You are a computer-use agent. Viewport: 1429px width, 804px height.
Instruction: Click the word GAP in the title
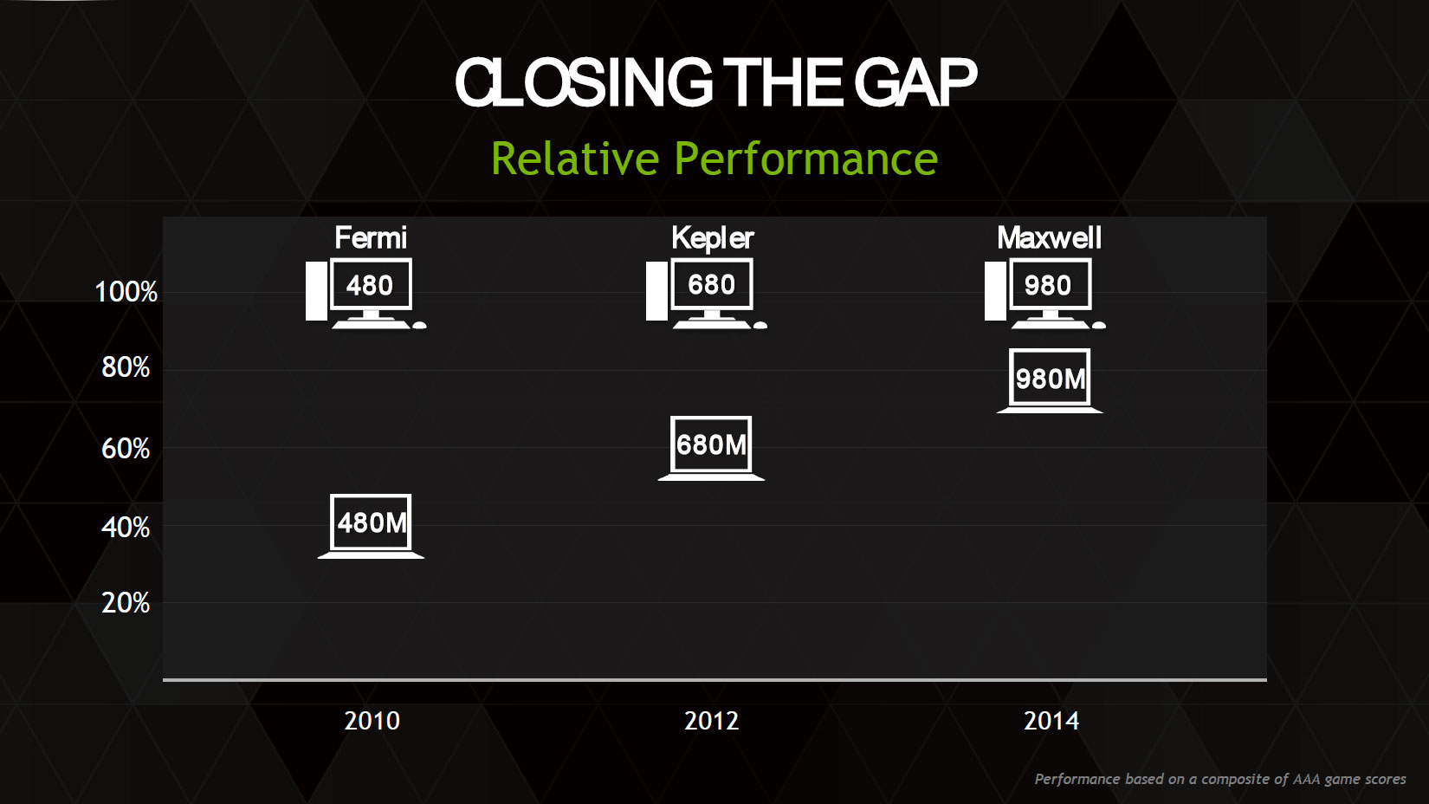(x=915, y=83)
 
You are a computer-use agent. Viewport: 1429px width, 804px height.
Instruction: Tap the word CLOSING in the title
(x=583, y=83)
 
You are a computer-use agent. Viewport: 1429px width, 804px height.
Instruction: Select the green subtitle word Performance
(x=805, y=159)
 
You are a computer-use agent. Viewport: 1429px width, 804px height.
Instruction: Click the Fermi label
(x=371, y=238)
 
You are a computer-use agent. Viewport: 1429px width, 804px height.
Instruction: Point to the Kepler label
(x=713, y=239)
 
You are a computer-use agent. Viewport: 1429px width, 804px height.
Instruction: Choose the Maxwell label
(x=1050, y=238)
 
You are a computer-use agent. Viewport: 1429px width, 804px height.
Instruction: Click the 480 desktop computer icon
(x=366, y=294)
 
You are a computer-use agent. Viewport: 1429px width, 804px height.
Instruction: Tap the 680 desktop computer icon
(x=707, y=294)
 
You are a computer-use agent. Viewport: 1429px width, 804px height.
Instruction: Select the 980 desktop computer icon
(x=1045, y=294)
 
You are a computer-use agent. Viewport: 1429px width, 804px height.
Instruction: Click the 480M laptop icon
(x=371, y=527)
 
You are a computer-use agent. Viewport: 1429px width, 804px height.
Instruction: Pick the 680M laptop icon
(x=711, y=448)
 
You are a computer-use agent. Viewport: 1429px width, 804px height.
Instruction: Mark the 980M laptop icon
(x=1050, y=381)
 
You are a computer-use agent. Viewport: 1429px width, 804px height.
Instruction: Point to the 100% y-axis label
(x=126, y=292)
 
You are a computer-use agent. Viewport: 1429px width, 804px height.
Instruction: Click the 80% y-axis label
(x=126, y=367)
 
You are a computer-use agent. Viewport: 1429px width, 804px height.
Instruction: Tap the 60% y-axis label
(x=126, y=450)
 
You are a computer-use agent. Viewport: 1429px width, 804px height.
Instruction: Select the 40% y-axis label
(x=126, y=528)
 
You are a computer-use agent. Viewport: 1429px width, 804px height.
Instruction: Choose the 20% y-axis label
(x=126, y=603)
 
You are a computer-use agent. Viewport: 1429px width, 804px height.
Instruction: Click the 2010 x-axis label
(x=372, y=721)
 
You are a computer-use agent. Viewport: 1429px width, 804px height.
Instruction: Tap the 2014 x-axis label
(x=1051, y=721)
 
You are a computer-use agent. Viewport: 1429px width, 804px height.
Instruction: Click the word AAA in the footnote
(x=1307, y=779)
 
